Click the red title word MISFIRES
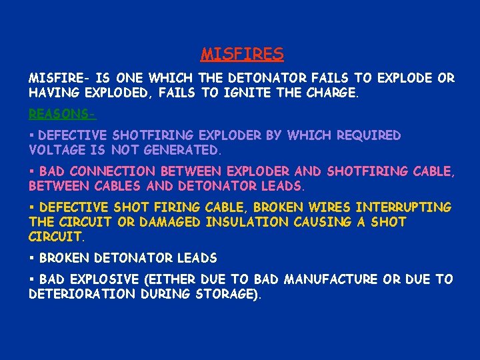[242, 53]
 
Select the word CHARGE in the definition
[331, 94]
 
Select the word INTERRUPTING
[403, 207]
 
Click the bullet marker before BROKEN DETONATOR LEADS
[32, 258]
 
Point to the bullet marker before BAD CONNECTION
[32, 171]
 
